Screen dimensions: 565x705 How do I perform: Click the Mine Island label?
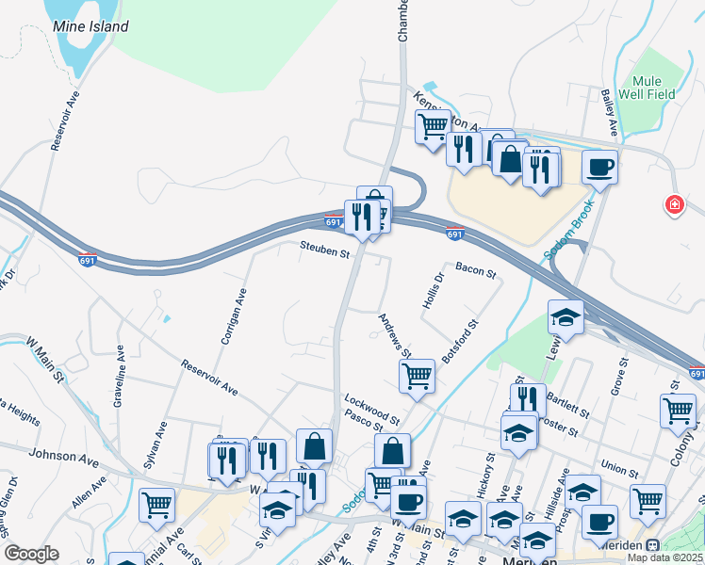click(90, 27)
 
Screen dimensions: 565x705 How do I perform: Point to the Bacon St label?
click(475, 270)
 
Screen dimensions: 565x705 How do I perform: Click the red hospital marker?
click(674, 203)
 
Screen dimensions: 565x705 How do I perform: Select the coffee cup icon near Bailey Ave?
click(599, 168)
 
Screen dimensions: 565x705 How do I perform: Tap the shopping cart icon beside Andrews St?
click(417, 376)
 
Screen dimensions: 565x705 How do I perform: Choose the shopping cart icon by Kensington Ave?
click(433, 125)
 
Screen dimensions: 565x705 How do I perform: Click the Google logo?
click(31, 554)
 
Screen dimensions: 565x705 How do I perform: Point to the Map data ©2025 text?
click(665, 557)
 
